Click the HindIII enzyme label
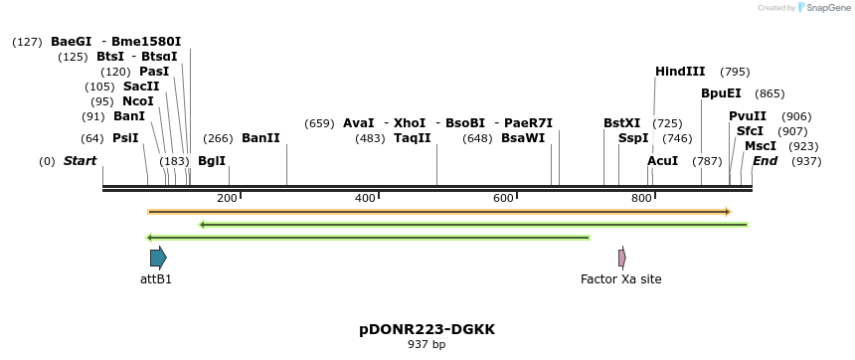coord(680,72)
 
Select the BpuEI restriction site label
coord(721,93)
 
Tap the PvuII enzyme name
coord(748,116)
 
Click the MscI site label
coord(761,146)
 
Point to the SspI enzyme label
coord(633,138)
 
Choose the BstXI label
coord(622,123)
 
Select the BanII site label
coord(260,138)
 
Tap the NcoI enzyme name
coord(138,101)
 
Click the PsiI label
coord(125,138)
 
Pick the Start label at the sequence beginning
coord(81,161)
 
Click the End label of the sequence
coord(765,161)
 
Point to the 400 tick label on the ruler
coord(365,199)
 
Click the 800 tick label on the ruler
coord(641,199)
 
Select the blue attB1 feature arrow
coord(158,259)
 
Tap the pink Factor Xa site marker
coord(622,259)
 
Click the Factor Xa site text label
coord(620,279)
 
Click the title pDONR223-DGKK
coord(427,329)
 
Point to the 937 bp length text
coord(427,345)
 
